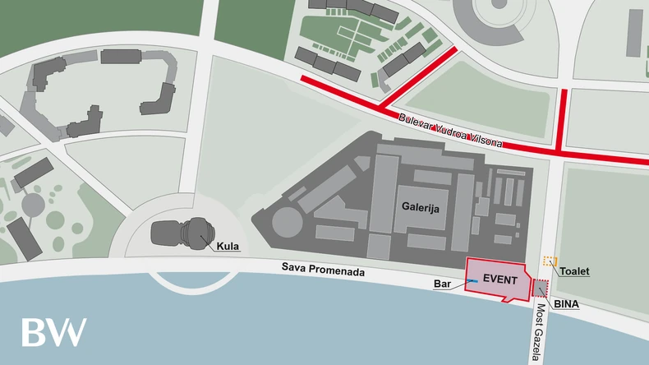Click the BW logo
click(x=53, y=331)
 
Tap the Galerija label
click(x=421, y=209)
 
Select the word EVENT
click(x=499, y=280)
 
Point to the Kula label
click(x=228, y=246)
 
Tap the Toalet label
click(x=575, y=271)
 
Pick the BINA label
click(x=566, y=304)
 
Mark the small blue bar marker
click(x=474, y=281)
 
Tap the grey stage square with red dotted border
click(x=541, y=288)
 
